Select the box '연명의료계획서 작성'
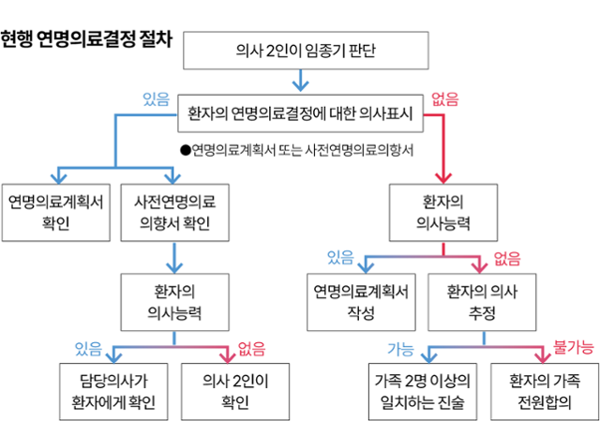coord(360,301)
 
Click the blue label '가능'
coord(400,349)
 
